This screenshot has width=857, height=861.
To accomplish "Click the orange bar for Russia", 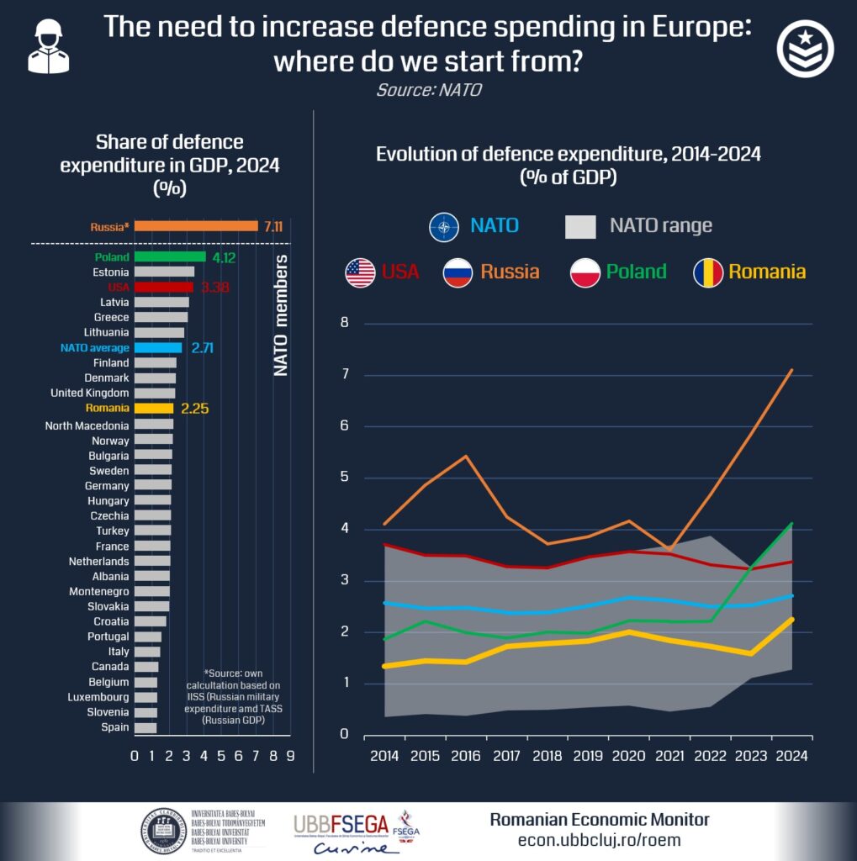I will click(x=196, y=225).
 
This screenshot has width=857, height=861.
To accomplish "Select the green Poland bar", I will click(x=170, y=256).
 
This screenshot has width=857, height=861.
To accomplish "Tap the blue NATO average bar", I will click(x=158, y=347).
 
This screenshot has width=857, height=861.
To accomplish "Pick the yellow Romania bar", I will click(x=154, y=408).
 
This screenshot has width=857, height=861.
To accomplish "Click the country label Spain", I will click(x=115, y=727).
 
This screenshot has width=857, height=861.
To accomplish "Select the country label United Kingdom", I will click(x=90, y=393).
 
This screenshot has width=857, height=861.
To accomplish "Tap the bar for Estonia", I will click(x=164, y=272).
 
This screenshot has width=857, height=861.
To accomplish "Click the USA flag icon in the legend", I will click(x=360, y=272).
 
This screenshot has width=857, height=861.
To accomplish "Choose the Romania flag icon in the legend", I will click(x=707, y=272).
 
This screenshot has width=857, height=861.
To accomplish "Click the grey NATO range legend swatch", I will click(x=580, y=225).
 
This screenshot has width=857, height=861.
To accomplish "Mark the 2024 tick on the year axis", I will click(x=791, y=755).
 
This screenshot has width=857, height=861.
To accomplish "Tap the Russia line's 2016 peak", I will click(x=465, y=456).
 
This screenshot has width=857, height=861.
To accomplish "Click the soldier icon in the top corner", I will click(x=49, y=47).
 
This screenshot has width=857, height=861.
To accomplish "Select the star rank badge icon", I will click(x=805, y=50).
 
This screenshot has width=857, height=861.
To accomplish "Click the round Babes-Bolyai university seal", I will click(x=162, y=831).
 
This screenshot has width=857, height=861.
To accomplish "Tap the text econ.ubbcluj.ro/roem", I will click(x=599, y=840).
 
